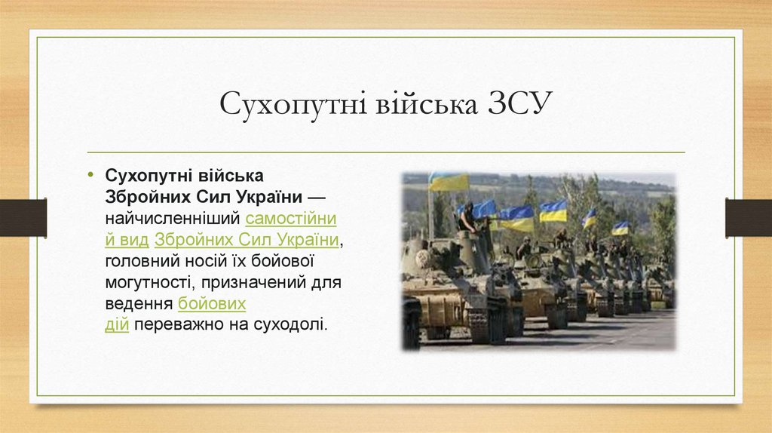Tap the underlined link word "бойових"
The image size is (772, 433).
(212, 304)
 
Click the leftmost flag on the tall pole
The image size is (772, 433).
(449, 182)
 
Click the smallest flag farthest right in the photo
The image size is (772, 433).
(620, 228)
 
